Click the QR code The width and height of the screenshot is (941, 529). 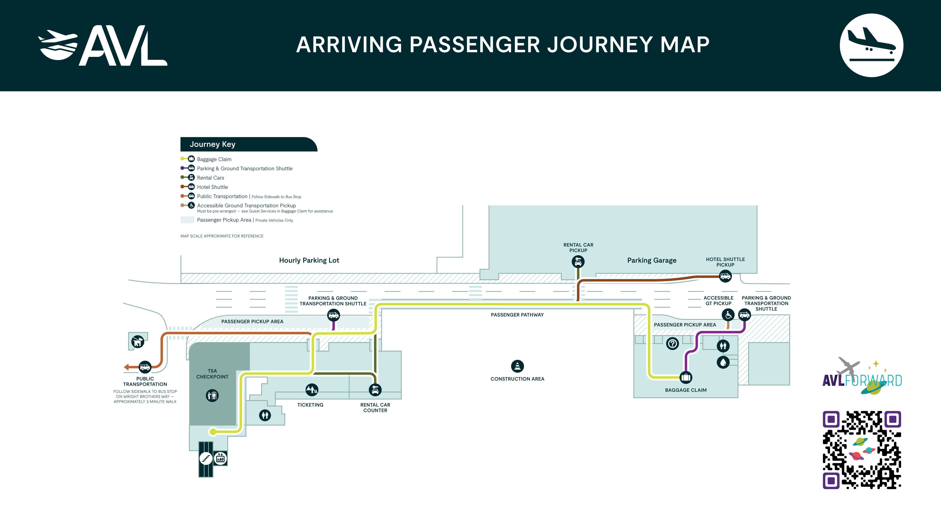(862, 450)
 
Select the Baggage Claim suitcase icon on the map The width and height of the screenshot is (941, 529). (686, 377)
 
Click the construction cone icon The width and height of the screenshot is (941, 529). (517, 366)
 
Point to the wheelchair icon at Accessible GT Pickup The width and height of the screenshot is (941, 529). (728, 314)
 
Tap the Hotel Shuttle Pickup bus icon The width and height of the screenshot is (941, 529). (725, 276)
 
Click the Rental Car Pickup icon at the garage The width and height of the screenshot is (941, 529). (578, 261)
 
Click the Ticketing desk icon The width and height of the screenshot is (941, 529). (312, 390)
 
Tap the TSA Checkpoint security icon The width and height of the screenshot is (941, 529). (212, 395)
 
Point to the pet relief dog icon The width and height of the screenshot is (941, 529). (138, 342)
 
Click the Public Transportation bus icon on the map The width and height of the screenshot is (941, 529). (145, 367)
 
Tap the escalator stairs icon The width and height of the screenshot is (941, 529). (206, 458)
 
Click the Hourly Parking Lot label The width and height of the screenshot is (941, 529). (309, 260)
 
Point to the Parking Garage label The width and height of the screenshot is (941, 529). (652, 260)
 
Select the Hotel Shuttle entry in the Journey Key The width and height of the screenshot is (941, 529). (212, 187)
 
